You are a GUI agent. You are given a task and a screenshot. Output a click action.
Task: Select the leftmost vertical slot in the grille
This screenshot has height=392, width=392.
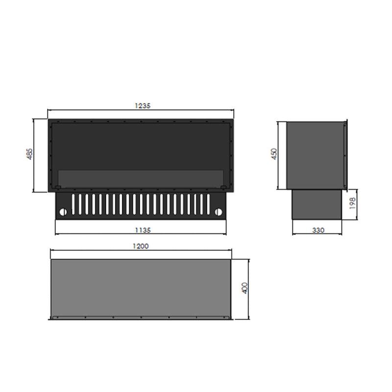[74, 204]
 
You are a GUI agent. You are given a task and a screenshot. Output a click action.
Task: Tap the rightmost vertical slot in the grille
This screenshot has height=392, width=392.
[207, 204]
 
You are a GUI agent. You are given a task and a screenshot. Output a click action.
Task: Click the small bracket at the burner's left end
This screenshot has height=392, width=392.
[58, 187]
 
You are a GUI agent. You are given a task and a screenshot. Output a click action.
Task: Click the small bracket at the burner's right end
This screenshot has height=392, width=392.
[224, 187]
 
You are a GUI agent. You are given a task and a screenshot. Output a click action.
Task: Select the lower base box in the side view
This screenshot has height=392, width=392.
[317, 205]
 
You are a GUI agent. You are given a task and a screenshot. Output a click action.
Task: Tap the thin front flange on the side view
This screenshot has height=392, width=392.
[346, 155]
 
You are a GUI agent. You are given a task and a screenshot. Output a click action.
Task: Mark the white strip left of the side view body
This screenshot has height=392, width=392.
[283, 155]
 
